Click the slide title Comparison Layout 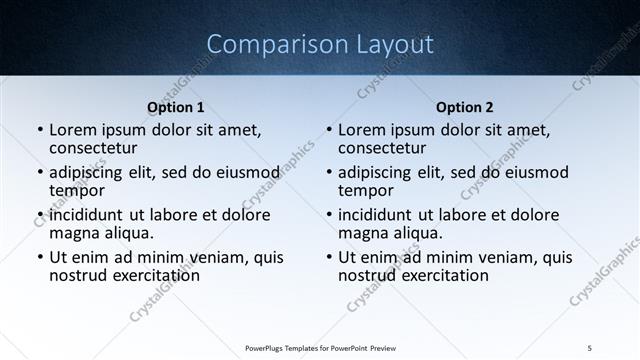point(320,45)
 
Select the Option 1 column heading point(176,107)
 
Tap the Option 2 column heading point(465,107)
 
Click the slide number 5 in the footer point(590,347)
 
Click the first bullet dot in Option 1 point(39,131)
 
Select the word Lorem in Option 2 point(361,130)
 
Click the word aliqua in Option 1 point(128,233)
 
